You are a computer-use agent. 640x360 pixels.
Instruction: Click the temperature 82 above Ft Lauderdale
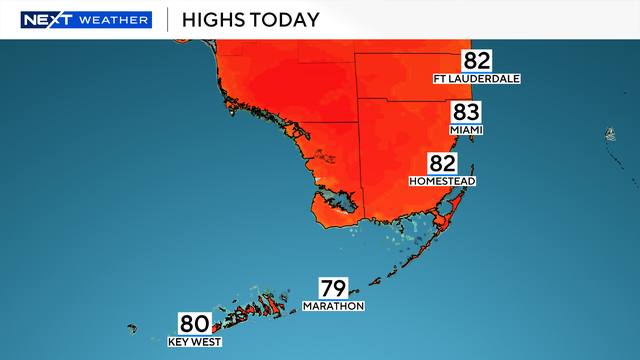tap(477, 60)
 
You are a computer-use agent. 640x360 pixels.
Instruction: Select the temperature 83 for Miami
tap(467, 112)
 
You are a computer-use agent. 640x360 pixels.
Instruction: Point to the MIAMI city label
tap(467, 130)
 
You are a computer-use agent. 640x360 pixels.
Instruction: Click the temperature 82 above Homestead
tap(443, 164)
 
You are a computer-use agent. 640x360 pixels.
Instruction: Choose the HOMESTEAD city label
tap(443, 182)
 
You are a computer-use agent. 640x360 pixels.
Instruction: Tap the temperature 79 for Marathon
tap(333, 288)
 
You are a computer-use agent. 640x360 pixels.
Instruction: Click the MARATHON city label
tap(333, 306)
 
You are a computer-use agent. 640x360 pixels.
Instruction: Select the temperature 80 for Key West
tap(194, 324)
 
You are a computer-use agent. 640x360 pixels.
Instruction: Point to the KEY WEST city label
tap(194, 342)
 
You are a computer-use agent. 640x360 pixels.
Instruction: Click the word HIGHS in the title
tap(220, 19)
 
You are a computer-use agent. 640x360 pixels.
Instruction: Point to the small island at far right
tap(609, 134)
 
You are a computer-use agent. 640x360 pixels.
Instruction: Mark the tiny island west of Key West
tap(131, 327)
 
